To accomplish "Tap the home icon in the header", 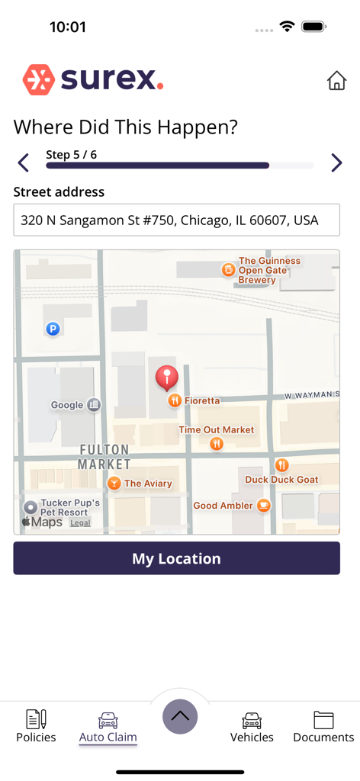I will click(x=336, y=81).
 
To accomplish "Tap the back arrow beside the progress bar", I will click(x=24, y=162).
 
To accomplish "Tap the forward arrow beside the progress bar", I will click(x=336, y=162).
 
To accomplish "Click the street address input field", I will click(x=176, y=220).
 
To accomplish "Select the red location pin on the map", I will click(x=166, y=378).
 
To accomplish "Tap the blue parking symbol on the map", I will click(x=53, y=329).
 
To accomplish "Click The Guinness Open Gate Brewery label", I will click(x=268, y=270).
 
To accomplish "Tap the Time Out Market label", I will click(x=216, y=430).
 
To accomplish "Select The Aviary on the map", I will click(x=148, y=483).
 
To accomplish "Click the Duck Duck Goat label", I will click(x=281, y=479).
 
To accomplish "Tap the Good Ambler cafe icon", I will click(x=264, y=505).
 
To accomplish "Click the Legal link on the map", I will click(x=80, y=523).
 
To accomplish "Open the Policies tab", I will click(x=36, y=726).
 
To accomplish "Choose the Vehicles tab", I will click(x=252, y=726).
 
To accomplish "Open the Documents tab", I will click(x=323, y=726).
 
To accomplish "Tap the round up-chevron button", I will click(x=180, y=716).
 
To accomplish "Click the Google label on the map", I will click(x=67, y=405).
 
